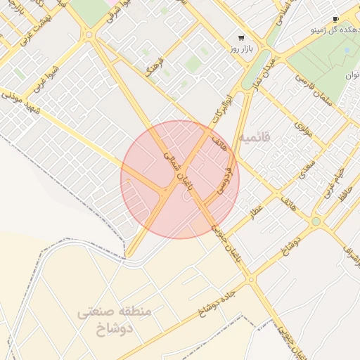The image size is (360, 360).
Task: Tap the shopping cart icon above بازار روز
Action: [x=242, y=38]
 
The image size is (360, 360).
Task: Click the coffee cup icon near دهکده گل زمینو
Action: [x=335, y=19]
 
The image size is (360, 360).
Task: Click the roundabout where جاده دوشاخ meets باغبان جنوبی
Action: [x=251, y=279]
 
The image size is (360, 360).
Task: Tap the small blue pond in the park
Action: [x=347, y=51]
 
